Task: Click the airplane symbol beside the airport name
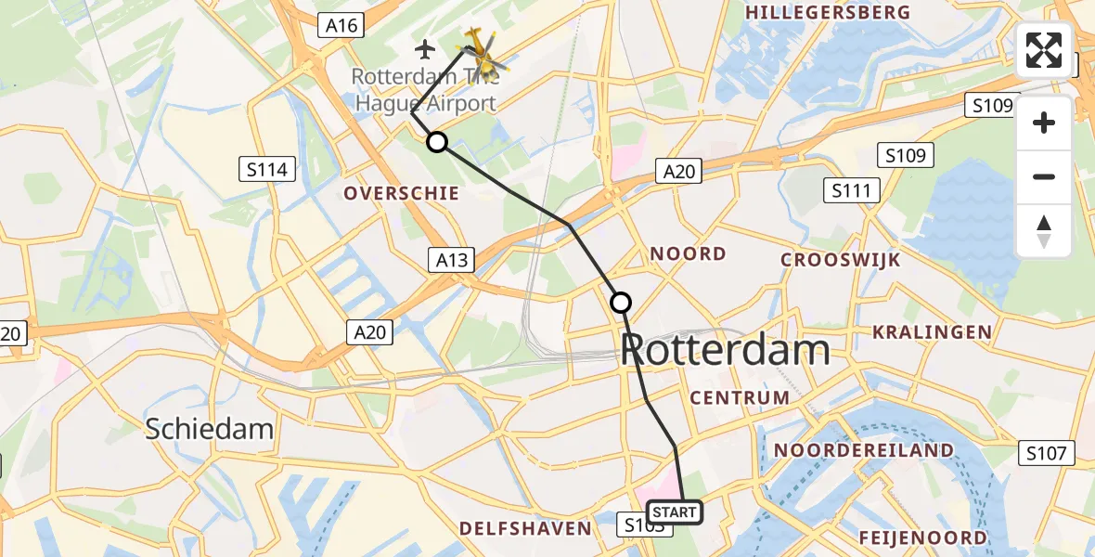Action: click(x=426, y=48)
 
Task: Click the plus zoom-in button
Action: click(x=1044, y=123)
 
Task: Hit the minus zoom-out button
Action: click(x=1044, y=176)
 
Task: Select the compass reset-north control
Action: click(x=1044, y=231)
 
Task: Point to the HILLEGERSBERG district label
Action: click(x=828, y=12)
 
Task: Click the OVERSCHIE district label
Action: click(x=402, y=193)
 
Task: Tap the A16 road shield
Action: click(x=342, y=26)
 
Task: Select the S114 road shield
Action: click(x=268, y=169)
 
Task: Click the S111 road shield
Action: click(x=851, y=192)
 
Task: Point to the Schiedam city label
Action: click(x=210, y=428)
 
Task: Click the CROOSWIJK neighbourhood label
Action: click(x=841, y=260)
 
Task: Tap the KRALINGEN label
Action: click(x=932, y=331)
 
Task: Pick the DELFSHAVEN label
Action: click(x=525, y=528)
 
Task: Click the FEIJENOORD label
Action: click(x=922, y=538)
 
